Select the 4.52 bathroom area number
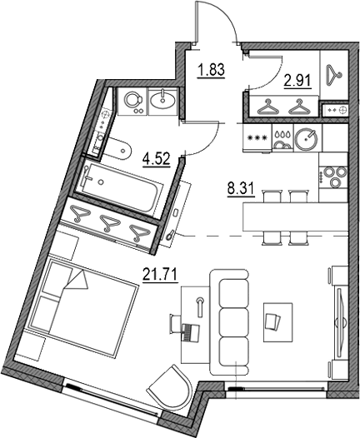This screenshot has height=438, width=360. [157, 155]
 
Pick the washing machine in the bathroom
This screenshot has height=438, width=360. [132, 102]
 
